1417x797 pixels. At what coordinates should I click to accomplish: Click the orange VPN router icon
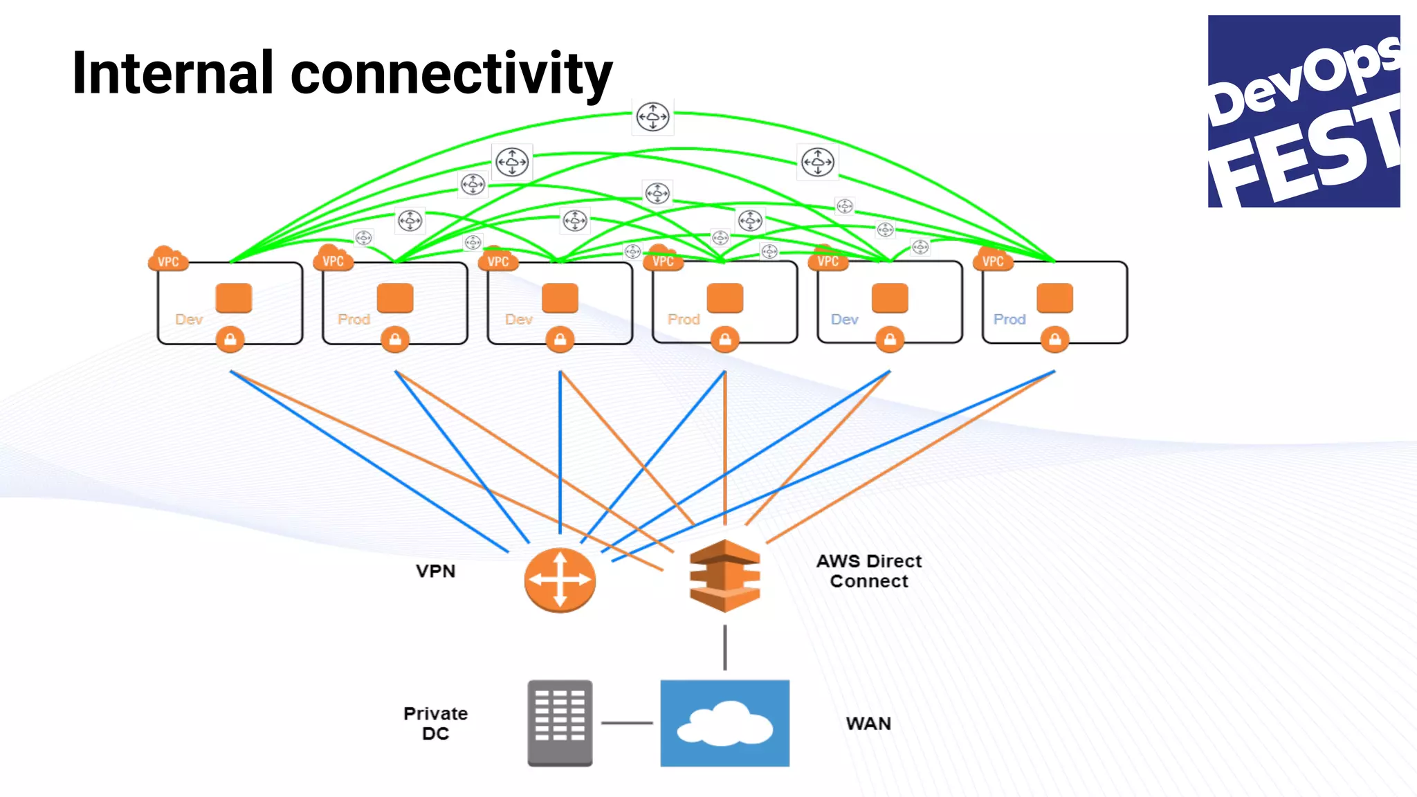(x=560, y=580)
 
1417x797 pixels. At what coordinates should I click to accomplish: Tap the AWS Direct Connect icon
(x=724, y=576)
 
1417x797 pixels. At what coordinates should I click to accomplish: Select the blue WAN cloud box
(x=724, y=723)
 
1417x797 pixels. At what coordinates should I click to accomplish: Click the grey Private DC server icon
(x=560, y=723)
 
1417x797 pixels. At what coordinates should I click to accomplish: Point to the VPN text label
(x=435, y=571)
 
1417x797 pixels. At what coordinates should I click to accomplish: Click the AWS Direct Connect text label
(x=869, y=571)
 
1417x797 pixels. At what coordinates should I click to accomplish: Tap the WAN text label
(x=868, y=724)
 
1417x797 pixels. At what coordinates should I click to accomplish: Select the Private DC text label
(x=435, y=723)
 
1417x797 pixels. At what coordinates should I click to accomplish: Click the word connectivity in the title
(x=451, y=74)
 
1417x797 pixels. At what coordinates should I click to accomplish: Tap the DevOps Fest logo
(x=1304, y=111)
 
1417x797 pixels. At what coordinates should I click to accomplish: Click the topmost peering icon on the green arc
(x=652, y=116)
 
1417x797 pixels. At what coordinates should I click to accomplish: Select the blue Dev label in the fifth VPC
(x=844, y=320)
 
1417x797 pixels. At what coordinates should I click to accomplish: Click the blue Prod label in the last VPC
(x=1009, y=320)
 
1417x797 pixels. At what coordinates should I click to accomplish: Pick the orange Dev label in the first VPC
(x=188, y=320)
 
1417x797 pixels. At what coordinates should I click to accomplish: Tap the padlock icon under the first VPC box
(x=230, y=339)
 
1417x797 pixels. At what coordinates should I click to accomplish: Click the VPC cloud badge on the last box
(x=993, y=260)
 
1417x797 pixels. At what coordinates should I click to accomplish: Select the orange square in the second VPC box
(x=395, y=298)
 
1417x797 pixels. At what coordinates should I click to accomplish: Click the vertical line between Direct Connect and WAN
(x=724, y=648)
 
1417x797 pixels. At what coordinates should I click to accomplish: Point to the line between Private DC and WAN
(x=626, y=723)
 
